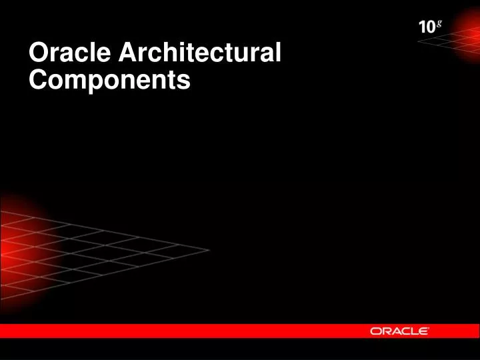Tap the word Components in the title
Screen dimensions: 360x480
(x=110, y=81)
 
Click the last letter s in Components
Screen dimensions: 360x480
(x=184, y=81)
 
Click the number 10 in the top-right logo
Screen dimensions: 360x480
(x=426, y=29)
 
